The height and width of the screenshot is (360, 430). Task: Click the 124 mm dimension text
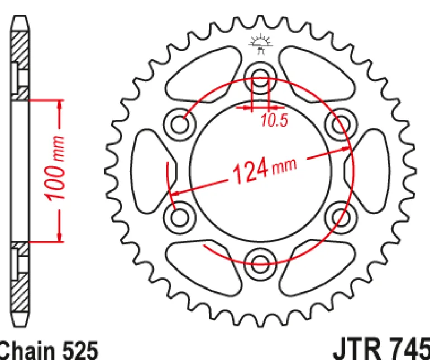[265, 170]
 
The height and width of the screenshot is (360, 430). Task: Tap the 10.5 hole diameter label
[275, 120]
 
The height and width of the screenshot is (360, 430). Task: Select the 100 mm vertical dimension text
[55, 168]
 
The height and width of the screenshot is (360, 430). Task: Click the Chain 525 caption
[48, 351]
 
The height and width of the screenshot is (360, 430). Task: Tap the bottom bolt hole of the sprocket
[260, 264]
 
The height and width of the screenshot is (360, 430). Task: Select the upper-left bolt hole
[180, 124]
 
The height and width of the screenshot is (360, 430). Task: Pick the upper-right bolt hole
[341, 124]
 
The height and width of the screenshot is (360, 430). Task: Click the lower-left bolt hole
[180, 218]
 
